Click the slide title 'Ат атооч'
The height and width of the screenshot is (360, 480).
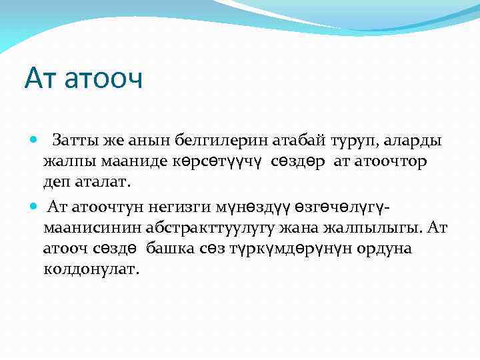84,79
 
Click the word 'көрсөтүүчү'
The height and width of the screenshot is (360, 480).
219,161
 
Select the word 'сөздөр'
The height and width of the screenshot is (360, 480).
300,161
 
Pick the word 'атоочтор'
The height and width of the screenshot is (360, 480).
395,161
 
